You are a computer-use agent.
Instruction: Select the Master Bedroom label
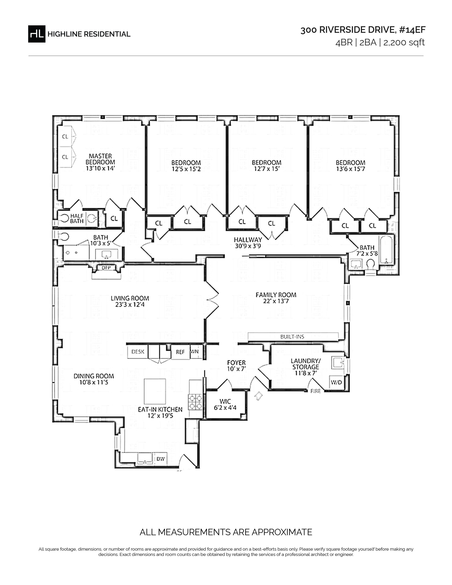(x=100, y=159)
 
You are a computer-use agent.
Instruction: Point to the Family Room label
(x=276, y=295)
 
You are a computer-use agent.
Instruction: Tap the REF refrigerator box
(x=180, y=352)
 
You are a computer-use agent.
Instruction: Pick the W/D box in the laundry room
(x=336, y=382)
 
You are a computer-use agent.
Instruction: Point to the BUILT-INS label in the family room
(x=292, y=337)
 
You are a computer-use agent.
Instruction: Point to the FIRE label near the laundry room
(x=316, y=391)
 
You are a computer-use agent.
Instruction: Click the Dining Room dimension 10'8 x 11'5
(x=94, y=383)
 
